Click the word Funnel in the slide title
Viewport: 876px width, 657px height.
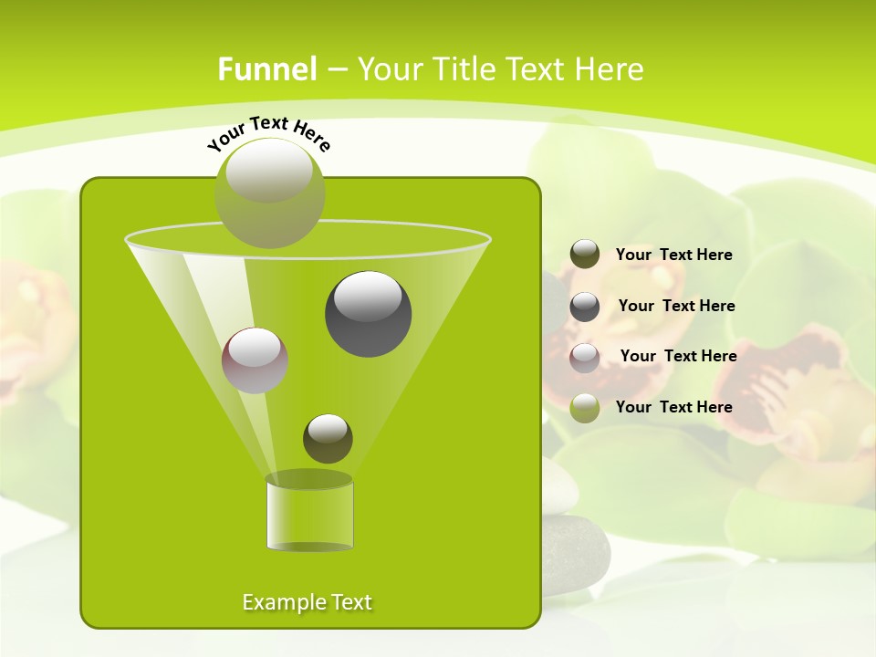pos(266,69)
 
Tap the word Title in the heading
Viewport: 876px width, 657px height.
pos(464,69)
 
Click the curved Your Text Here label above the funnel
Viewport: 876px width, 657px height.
pos(269,133)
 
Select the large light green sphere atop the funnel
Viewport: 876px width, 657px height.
pos(269,193)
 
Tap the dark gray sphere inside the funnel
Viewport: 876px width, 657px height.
pos(368,313)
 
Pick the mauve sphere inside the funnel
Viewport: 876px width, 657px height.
pos(255,360)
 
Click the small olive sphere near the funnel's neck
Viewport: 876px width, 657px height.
pos(328,438)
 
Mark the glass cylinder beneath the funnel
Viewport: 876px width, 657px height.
pos(309,513)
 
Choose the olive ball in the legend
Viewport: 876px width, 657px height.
pos(585,255)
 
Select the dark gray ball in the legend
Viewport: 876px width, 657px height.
pos(585,307)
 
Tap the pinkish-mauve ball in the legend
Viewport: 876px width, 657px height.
pos(585,358)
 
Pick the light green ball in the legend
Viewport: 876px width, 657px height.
pos(585,408)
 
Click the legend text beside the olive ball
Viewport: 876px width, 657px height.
pos(673,255)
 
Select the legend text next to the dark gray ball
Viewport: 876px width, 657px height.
pos(676,306)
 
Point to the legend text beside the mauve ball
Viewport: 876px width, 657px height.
pos(678,356)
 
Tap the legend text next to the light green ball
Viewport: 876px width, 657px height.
pos(673,407)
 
